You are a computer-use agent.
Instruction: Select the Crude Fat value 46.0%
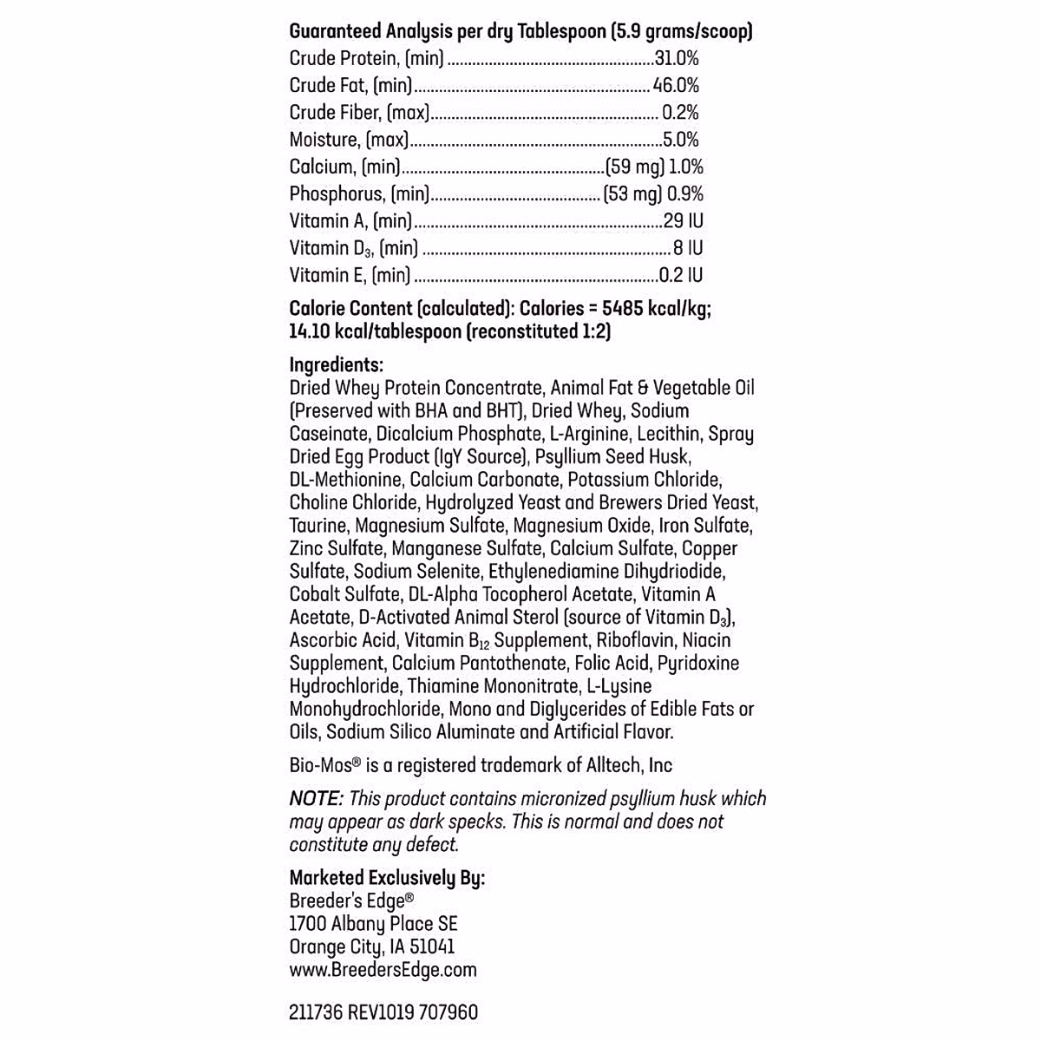(x=676, y=85)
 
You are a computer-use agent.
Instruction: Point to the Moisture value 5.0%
(x=680, y=139)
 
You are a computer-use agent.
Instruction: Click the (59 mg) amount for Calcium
(x=635, y=167)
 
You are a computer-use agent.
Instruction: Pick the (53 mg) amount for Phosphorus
(x=632, y=193)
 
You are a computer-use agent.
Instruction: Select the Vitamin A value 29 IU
(x=683, y=220)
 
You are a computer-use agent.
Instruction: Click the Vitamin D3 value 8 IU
(x=688, y=247)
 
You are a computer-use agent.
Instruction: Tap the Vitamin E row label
(x=350, y=275)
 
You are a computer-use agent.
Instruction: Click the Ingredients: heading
(x=337, y=364)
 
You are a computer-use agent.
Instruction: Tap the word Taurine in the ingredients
(x=318, y=525)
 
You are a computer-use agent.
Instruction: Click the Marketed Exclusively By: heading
(x=387, y=878)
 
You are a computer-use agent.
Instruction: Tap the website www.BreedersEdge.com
(x=383, y=970)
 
